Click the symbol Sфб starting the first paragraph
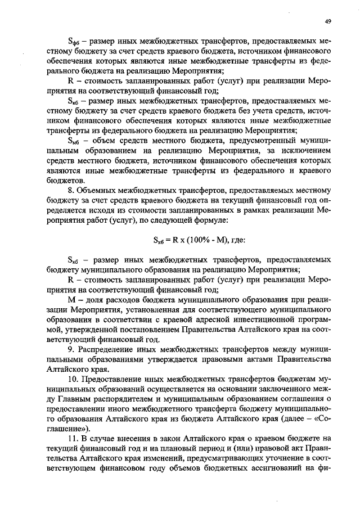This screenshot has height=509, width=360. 73,42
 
